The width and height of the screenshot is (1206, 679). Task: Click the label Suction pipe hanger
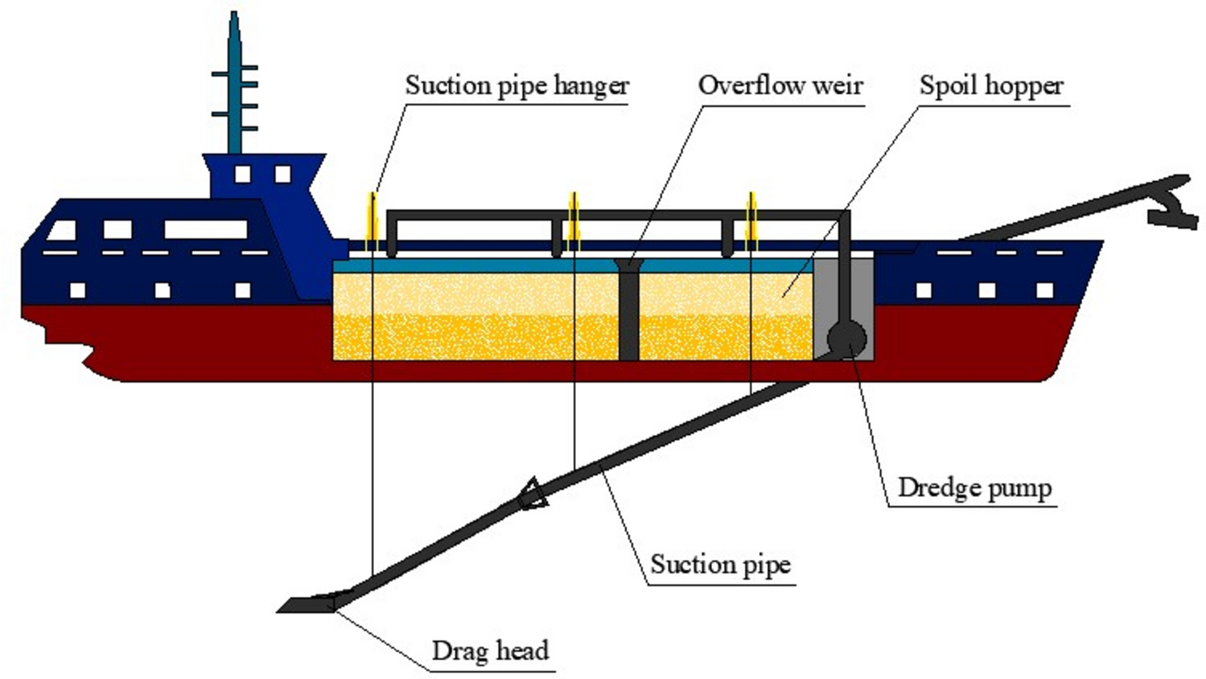pyautogui.click(x=517, y=85)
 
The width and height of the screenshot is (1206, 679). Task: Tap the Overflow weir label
pyautogui.click(x=780, y=85)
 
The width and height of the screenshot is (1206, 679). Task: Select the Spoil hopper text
pyautogui.click(x=990, y=85)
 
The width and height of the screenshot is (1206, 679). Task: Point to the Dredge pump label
pyautogui.click(x=973, y=488)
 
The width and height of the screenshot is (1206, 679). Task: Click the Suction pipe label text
pyautogui.click(x=720, y=565)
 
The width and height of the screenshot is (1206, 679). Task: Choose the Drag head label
pyautogui.click(x=490, y=650)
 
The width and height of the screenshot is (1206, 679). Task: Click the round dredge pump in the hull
pyautogui.click(x=846, y=339)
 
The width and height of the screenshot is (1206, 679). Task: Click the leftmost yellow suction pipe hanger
pyautogui.click(x=373, y=221)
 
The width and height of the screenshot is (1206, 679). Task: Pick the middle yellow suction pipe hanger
pyautogui.click(x=574, y=221)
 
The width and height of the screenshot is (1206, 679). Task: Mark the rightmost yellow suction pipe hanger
pyautogui.click(x=751, y=221)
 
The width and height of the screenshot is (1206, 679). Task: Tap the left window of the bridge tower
pyautogui.click(x=242, y=174)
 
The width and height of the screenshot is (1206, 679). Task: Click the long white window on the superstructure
pyautogui.click(x=205, y=229)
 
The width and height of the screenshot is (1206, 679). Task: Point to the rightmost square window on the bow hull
pyautogui.click(x=1044, y=290)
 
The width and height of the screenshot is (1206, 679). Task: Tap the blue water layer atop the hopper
pyautogui.click(x=483, y=265)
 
